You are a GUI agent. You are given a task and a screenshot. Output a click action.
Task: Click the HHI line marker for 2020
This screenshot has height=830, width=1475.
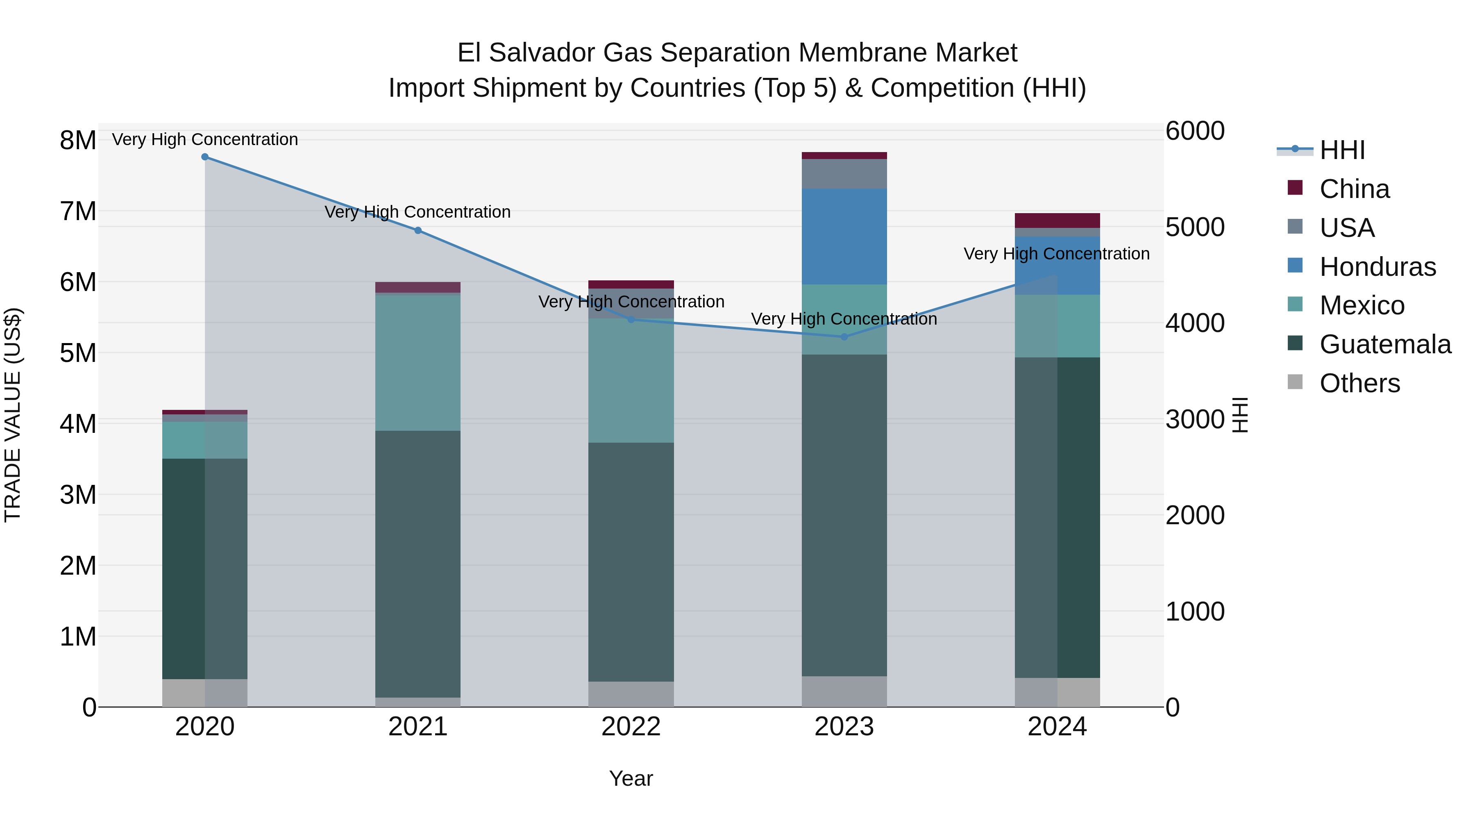tap(204, 157)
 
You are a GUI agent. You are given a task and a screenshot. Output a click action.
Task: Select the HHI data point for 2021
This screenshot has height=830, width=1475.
tap(418, 230)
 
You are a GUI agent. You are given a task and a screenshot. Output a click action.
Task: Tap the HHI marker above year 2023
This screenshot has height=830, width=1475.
tap(844, 337)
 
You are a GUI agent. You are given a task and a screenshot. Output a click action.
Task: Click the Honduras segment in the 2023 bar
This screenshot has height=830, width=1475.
tap(844, 236)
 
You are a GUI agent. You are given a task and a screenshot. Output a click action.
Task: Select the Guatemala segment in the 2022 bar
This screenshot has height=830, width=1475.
tap(631, 562)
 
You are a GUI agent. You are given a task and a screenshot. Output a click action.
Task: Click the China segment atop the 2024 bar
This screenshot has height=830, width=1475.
tap(1057, 221)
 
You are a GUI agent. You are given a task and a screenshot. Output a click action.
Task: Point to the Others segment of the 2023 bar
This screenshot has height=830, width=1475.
tap(844, 691)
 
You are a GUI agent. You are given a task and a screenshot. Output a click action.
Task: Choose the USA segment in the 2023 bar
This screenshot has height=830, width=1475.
tap(844, 173)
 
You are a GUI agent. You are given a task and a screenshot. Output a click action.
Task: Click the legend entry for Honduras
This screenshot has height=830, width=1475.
tap(1377, 267)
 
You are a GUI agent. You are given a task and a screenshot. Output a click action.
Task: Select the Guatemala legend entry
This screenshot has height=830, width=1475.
tap(1384, 344)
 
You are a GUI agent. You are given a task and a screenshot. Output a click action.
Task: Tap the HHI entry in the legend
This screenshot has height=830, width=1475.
tap(1341, 150)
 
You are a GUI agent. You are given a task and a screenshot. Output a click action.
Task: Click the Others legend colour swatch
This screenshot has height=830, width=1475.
tap(1295, 382)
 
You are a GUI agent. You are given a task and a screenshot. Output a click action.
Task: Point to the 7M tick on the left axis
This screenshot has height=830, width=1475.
tap(78, 211)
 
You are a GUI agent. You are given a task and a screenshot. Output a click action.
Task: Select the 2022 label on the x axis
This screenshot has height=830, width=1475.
tap(631, 727)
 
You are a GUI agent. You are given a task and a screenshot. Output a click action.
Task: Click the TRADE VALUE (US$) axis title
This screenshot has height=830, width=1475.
tap(13, 415)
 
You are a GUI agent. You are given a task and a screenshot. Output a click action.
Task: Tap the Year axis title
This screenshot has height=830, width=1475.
tap(631, 778)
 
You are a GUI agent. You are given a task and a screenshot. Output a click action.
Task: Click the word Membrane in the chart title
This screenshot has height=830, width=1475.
tap(862, 53)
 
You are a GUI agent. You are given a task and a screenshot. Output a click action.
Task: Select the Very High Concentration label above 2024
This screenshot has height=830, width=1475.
tap(1056, 254)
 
